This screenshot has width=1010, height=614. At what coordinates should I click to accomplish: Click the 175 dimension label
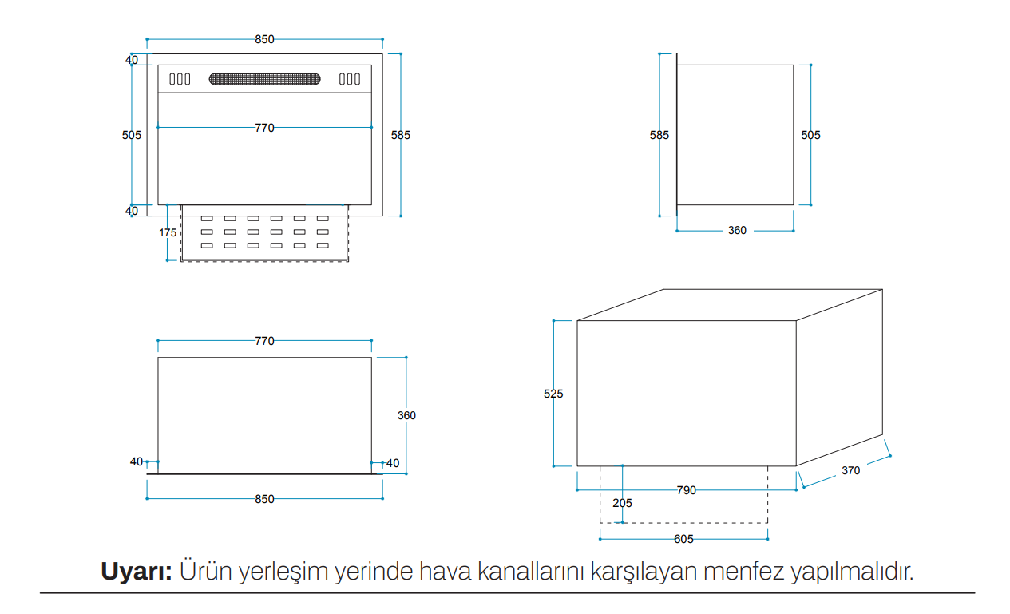168,232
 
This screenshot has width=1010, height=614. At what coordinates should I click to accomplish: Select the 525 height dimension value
553,394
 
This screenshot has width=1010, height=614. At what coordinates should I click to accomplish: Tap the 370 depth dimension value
851,470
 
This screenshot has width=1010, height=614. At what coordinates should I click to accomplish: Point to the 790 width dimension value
687,490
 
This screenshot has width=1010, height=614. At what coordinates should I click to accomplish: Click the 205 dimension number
622,503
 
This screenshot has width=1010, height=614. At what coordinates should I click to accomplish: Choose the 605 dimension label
683,539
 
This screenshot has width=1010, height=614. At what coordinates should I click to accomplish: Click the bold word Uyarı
137,571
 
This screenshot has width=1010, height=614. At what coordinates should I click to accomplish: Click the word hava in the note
445,571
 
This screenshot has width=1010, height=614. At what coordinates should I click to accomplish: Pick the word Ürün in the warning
206,570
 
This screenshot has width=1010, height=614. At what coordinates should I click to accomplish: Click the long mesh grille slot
264,79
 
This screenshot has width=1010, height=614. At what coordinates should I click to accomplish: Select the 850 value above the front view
264,40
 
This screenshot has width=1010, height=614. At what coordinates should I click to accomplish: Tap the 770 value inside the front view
264,128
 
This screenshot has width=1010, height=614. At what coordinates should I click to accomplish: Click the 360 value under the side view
737,231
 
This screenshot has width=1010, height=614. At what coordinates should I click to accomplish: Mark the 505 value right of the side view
810,135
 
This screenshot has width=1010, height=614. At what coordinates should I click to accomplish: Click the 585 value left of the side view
659,135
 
